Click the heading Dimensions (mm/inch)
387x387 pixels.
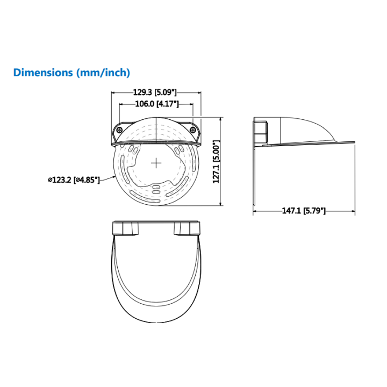71,73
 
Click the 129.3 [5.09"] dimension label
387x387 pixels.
155,92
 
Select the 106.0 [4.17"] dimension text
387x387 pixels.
157,104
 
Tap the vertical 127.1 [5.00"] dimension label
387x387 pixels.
216,162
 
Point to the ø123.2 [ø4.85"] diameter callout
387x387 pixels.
74,180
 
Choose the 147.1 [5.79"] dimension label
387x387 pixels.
304,211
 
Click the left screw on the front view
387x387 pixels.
120,130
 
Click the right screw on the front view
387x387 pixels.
193,130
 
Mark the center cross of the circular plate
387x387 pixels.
156,163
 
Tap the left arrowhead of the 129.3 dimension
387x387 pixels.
113,92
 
